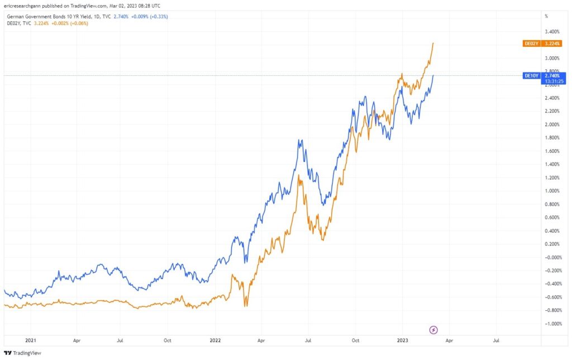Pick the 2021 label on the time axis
tap(31, 339)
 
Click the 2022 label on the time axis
tap(214, 339)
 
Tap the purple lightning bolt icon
tap(433, 330)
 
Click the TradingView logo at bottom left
tap(23, 353)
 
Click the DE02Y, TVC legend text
tap(18, 23)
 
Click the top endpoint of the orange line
tap(433, 43)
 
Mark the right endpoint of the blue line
tap(433, 75)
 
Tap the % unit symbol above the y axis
tap(546, 16)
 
